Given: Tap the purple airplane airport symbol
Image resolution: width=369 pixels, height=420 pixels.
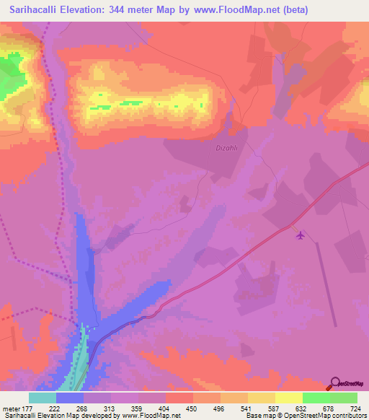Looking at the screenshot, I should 301,235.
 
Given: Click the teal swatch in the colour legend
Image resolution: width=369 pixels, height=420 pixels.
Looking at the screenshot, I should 43,398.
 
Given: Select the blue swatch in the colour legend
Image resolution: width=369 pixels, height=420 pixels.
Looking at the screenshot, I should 70,398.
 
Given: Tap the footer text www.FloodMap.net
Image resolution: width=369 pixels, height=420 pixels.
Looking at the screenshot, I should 152,416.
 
